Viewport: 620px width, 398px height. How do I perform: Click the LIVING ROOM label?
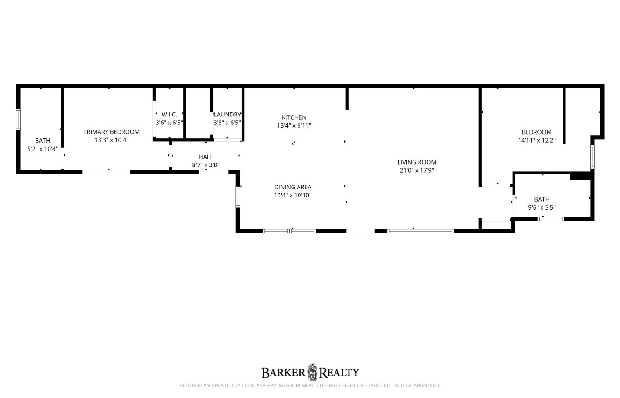tap(417, 162)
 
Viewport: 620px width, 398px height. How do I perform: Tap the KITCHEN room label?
tap(294, 117)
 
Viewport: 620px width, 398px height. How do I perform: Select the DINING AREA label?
tap(292, 187)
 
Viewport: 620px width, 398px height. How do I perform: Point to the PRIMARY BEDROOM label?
tap(111, 132)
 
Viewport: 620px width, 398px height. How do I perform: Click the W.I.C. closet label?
tap(169, 115)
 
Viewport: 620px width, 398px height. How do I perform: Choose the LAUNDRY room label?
tap(227, 115)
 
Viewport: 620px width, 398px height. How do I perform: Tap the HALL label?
tap(206, 157)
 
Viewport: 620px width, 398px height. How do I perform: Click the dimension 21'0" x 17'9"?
tap(417, 170)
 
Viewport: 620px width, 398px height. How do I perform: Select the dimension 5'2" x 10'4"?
tap(43, 149)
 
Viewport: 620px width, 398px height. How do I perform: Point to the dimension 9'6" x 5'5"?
tap(542, 207)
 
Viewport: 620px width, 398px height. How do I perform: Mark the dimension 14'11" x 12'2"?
tap(537, 140)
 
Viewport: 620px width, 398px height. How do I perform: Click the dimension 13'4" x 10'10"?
tap(292, 195)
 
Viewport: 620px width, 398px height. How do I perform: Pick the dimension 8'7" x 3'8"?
tap(206, 165)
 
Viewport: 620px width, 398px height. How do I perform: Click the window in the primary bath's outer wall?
tap(18, 119)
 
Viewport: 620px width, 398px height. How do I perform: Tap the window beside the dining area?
tap(238, 196)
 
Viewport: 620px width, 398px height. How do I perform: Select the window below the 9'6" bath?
tap(551, 219)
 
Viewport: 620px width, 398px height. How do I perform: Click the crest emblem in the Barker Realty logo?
tap(312, 372)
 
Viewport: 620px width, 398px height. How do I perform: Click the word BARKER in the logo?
tap(284, 373)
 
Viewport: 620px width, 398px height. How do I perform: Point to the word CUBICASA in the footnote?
tap(253, 385)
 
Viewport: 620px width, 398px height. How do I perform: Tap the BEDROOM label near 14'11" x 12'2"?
tap(537, 132)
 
